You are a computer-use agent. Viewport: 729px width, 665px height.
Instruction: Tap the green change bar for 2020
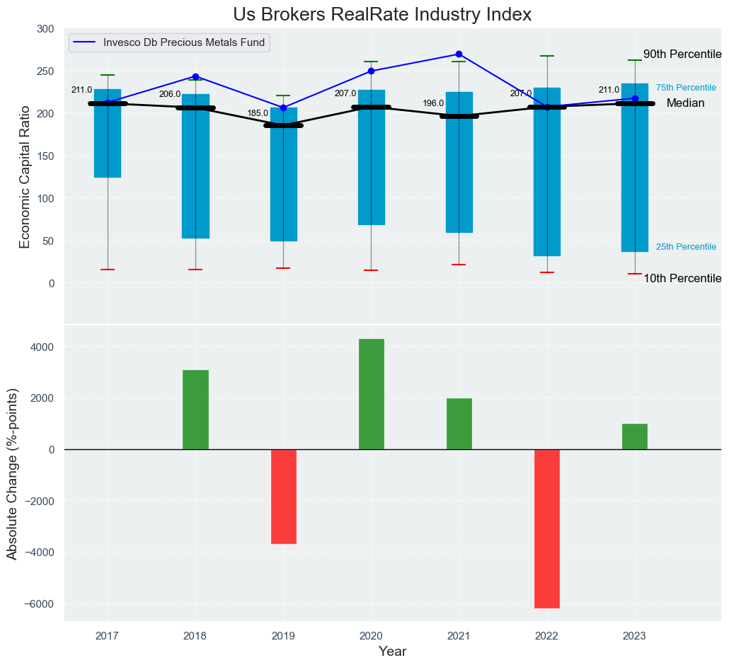[371, 394]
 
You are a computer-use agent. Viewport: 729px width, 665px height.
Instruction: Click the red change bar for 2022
[546, 528]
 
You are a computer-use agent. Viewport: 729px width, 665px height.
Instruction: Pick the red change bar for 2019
[283, 497]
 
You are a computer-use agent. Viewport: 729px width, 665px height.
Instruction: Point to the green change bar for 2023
[634, 436]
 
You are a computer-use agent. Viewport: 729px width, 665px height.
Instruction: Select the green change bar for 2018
[195, 410]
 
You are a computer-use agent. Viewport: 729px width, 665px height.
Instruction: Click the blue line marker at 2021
[459, 54]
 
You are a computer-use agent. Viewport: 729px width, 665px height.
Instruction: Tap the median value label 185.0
[258, 113]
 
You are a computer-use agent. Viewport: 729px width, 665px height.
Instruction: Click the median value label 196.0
[433, 103]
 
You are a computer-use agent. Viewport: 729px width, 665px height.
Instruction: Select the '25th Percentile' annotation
[686, 247]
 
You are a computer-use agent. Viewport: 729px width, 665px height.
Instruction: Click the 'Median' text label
[685, 103]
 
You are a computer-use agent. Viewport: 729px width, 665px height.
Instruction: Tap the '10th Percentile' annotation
[682, 279]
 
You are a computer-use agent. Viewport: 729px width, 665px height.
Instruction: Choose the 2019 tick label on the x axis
[283, 637]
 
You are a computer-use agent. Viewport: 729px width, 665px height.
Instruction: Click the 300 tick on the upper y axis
[45, 29]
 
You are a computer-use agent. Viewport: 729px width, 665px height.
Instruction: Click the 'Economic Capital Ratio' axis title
[25, 177]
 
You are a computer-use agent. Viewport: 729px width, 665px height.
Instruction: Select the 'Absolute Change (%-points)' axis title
[12, 473]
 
